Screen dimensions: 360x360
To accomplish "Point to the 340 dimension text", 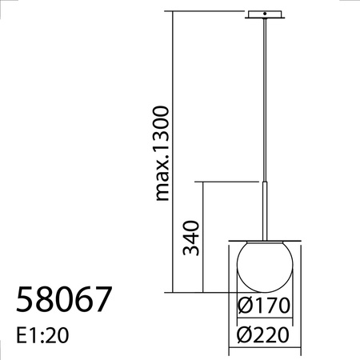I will [x=190, y=237].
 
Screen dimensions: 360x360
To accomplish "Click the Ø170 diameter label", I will [x=263, y=306].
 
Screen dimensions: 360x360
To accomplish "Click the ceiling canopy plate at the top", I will [x=264, y=15].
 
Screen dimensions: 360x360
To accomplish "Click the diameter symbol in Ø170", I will [x=245, y=306].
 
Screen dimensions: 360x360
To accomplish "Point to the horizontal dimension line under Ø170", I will [x=263, y=319].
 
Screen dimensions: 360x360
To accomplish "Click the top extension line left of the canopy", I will [x=208, y=12].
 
